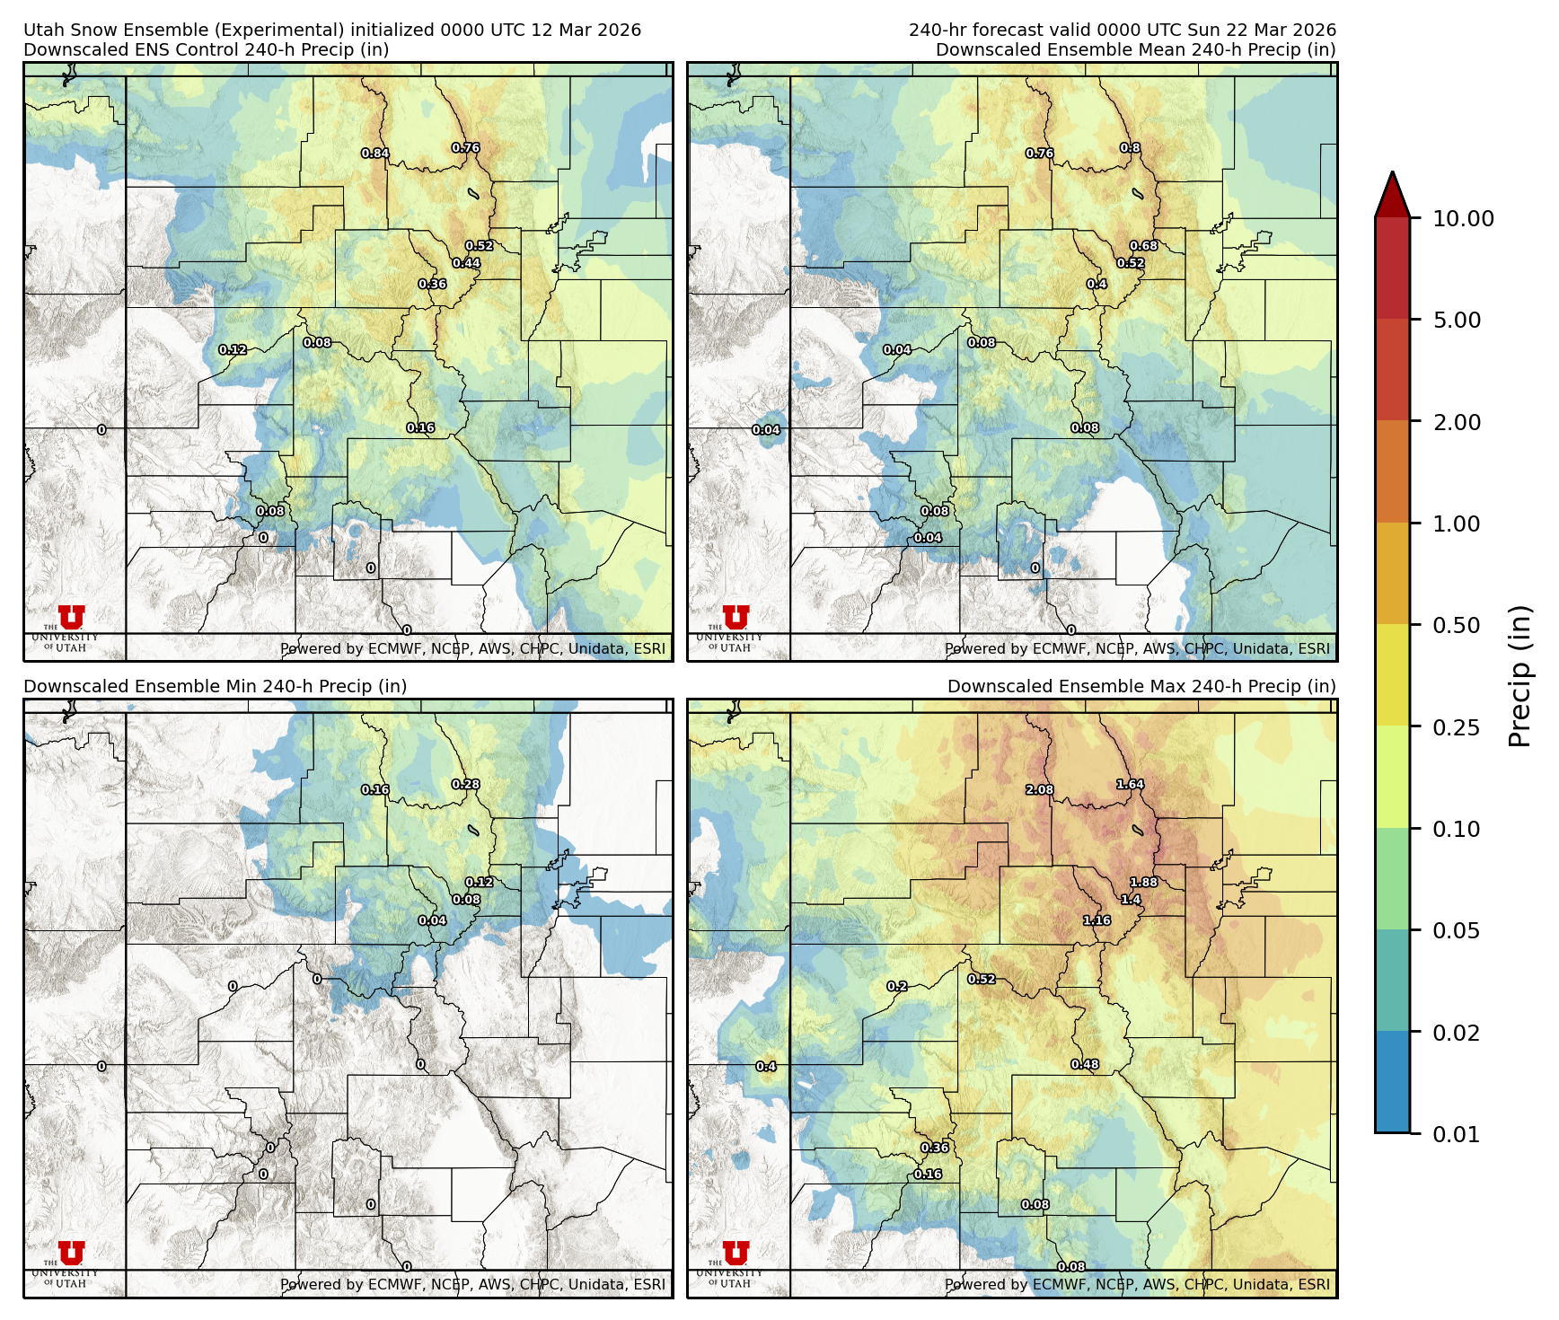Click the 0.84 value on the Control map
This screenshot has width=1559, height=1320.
click(375, 154)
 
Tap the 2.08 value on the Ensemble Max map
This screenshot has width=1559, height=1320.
click(1040, 790)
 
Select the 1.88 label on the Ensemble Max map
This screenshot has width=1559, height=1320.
click(1143, 882)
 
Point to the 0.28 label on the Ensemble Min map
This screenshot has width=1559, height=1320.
click(465, 784)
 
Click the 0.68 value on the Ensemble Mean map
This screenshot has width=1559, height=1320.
click(1143, 246)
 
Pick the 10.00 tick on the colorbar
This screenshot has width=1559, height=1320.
click(1463, 219)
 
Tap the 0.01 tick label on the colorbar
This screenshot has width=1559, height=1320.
click(1456, 1134)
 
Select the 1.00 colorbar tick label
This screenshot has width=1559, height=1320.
click(1456, 524)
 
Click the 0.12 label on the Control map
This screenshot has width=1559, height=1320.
click(233, 350)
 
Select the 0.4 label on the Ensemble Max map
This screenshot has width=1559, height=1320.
click(766, 1067)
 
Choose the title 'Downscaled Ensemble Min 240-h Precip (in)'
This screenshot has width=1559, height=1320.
click(216, 686)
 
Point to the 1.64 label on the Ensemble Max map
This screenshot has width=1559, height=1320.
click(1130, 785)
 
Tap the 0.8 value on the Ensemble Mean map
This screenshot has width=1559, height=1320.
click(1130, 148)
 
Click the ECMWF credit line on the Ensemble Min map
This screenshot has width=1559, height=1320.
click(472, 1284)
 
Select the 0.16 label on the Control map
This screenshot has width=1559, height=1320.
click(420, 428)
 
